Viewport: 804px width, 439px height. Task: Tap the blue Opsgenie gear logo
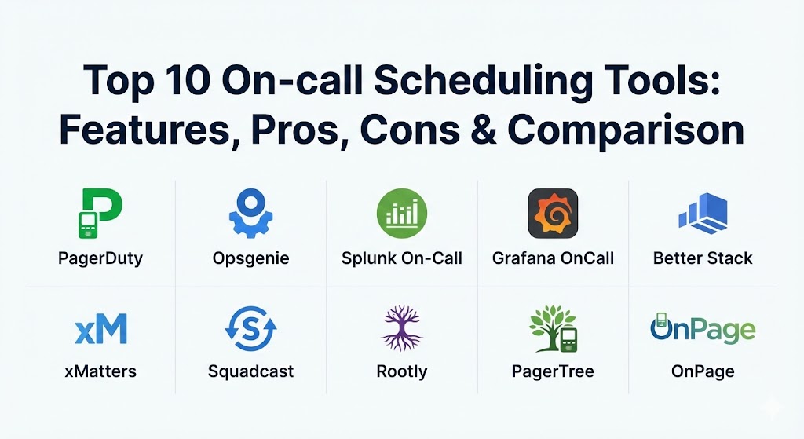[x=250, y=213]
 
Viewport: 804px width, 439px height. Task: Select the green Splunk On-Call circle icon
[x=401, y=214]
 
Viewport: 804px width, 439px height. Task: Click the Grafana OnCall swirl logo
[x=553, y=214]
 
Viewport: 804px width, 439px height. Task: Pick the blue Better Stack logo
[x=703, y=214]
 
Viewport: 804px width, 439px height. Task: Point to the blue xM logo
[x=101, y=329]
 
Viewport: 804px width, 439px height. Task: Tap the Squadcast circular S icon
[x=250, y=329]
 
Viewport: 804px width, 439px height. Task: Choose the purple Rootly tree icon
[x=401, y=328]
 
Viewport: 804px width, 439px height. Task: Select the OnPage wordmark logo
[x=703, y=328]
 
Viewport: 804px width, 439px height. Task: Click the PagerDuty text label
[x=100, y=258]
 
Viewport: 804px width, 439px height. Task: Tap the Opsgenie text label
[x=250, y=258]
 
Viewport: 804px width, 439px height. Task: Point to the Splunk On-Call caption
[x=401, y=258]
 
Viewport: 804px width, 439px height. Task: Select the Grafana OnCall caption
[x=553, y=258]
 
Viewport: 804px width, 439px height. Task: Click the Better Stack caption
[x=703, y=258]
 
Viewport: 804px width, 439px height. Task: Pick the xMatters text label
[x=100, y=371]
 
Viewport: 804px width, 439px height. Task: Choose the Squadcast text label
[x=250, y=371]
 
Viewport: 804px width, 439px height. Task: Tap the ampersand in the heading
[x=484, y=130]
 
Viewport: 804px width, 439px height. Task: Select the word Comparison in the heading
[x=626, y=132]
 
